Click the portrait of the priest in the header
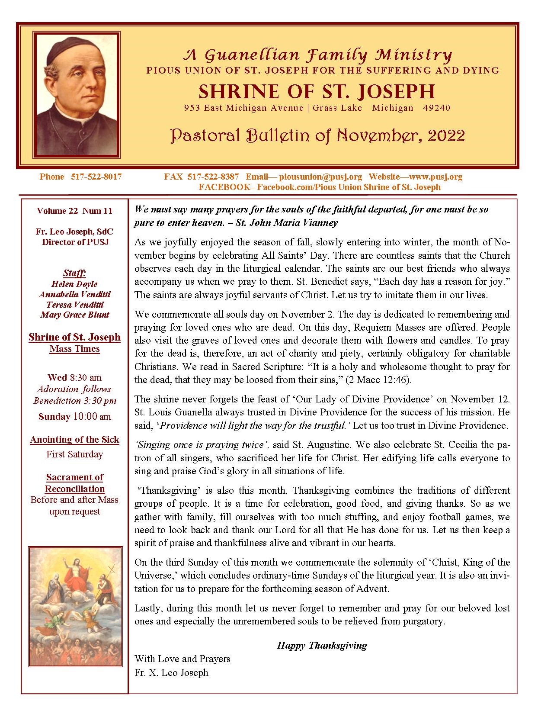tap(77, 94)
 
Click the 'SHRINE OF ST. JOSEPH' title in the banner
tap(317, 92)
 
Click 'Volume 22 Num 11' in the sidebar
tap(74, 211)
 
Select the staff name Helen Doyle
tap(74, 284)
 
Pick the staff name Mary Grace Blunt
tap(74, 315)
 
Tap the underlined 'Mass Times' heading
tap(74, 349)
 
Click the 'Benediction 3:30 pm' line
tap(74, 400)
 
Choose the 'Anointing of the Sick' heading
tap(74, 440)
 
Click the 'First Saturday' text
tap(74, 454)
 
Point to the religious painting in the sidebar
tap(75, 606)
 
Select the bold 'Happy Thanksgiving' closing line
tap(322, 645)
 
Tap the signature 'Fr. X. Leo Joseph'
tap(171, 672)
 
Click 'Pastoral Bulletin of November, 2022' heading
tap(317, 135)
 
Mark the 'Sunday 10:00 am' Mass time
tap(74, 416)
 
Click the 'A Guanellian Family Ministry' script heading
tap(317, 55)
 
